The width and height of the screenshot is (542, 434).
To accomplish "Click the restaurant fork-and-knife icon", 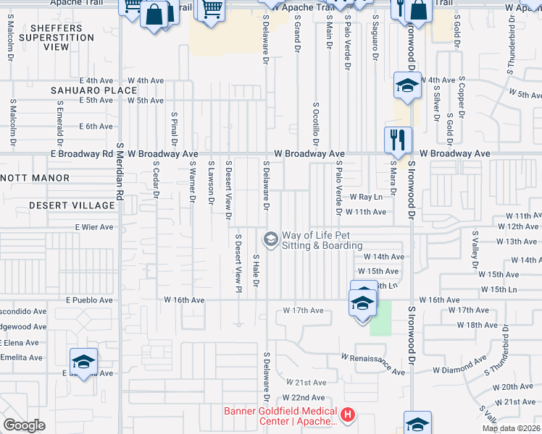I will coord(397,139).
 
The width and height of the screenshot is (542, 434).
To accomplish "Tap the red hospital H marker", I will coord(349,415).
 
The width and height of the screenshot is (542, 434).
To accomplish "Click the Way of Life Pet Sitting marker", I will coord(270,238).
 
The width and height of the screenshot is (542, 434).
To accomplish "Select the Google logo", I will coord(24,425).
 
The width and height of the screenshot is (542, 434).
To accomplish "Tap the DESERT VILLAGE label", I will coord(72,205).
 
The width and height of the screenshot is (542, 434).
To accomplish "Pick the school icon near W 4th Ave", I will coord(407,85).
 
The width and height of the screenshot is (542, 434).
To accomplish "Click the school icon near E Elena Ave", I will coord(83,361).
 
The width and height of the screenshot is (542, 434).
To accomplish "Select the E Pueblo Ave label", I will coord(89,299).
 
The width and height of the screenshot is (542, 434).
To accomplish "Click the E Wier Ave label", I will coord(94,227).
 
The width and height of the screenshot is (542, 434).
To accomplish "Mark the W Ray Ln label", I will coord(365,197).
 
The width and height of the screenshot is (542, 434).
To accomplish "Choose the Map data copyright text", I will coord(510,428).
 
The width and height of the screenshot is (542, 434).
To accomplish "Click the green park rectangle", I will coord(380,318).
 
